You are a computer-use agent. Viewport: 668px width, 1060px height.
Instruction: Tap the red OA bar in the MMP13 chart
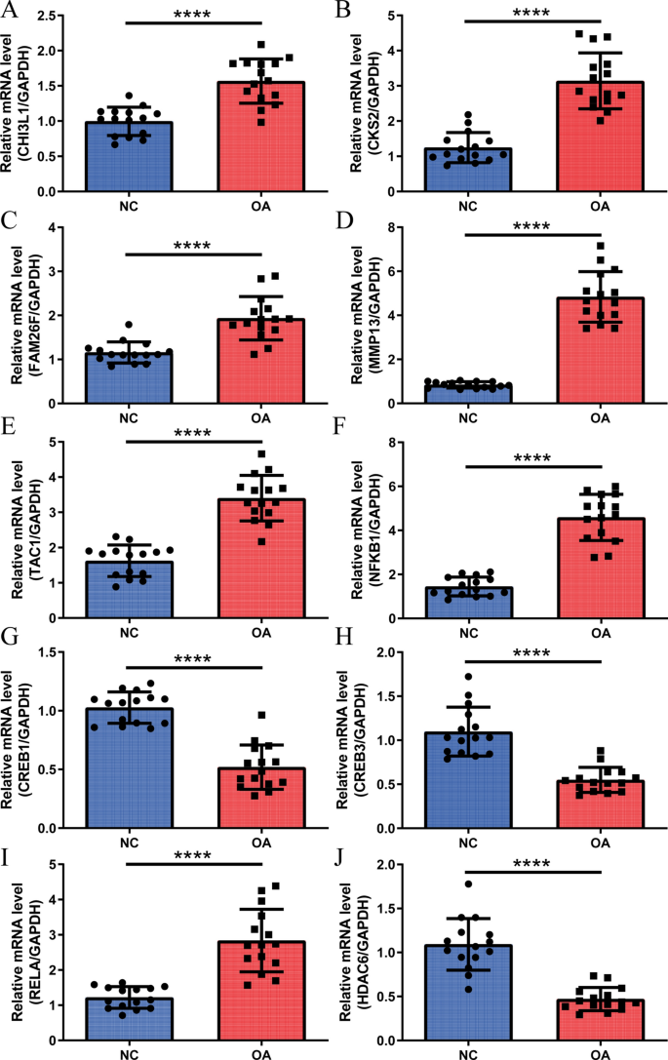pos(600,351)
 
